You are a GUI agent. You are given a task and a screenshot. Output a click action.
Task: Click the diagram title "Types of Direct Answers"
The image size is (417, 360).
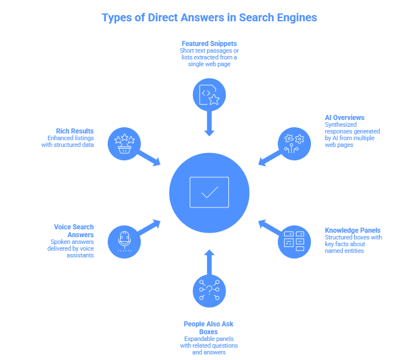pyautogui.click(x=209, y=18)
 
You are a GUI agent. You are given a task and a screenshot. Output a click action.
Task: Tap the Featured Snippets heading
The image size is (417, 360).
pyautogui.click(x=209, y=43)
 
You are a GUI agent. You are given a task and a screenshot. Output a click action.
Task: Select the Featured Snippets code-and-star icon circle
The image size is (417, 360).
pyautogui.click(x=209, y=94)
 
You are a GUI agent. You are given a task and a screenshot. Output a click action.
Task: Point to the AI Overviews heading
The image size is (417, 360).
pyautogui.click(x=345, y=117)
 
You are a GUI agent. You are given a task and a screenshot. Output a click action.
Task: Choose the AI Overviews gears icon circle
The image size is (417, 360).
pyautogui.click(x=294, y=143)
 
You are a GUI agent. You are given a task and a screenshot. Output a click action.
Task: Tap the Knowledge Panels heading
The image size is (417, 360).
pyautogui.click(x=352, y=230)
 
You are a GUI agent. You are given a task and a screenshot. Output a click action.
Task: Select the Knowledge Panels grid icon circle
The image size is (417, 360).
pyautogui.click(x=294, y=241)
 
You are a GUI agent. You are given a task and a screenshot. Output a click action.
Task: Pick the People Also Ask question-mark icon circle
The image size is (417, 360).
pyautogui.click(x=209, y=291)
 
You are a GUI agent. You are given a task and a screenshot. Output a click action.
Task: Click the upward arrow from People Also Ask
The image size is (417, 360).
pyautogui.click(x=209, y=261)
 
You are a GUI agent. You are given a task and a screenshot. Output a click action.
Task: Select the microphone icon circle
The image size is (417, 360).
pyautogui.click(x=124, y=241)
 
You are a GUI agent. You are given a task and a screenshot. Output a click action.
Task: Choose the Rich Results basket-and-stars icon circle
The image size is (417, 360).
pyautogui.click(x=124, y=144)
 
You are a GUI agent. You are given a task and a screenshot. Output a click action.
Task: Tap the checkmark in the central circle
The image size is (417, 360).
pyautogui.click(x=209, y=192)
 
